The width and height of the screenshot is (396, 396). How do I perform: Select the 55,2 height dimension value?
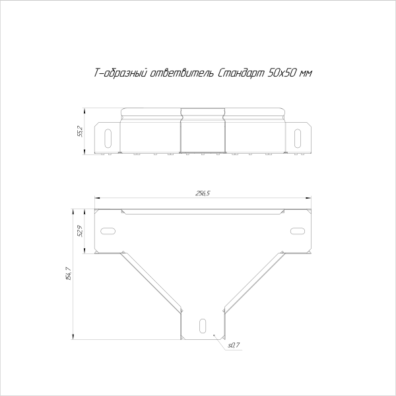tap(80, 131)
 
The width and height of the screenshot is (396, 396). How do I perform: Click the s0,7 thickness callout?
tap(232, 345)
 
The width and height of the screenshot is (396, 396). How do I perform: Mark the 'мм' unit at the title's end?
tap(305, 74)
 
